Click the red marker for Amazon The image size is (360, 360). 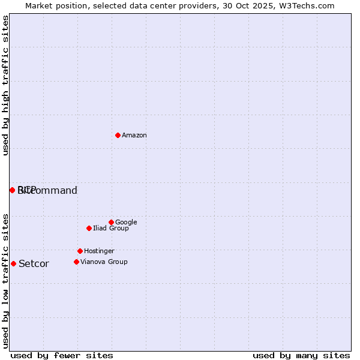tap(118, 135)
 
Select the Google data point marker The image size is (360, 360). tap(111, 222)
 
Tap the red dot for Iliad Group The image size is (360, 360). tap(89, 228)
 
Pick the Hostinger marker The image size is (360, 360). tap(80, 251)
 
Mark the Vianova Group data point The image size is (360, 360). tap(76, 262)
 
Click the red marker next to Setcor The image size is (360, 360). tap(13, 263)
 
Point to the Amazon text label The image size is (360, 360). tap(134, 136)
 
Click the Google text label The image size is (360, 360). tap(126, 223)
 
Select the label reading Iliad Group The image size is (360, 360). tap(111, 229)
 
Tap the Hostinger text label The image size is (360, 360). tap(99, 251)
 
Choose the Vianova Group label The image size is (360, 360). tap(104, 262)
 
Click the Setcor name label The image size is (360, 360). tap(34, 264)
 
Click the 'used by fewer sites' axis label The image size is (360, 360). tap(62, 356)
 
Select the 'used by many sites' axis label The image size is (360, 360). tap(301, 356)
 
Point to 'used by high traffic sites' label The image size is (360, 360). tap(6, 85)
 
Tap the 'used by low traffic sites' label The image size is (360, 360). tap(6, 281)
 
